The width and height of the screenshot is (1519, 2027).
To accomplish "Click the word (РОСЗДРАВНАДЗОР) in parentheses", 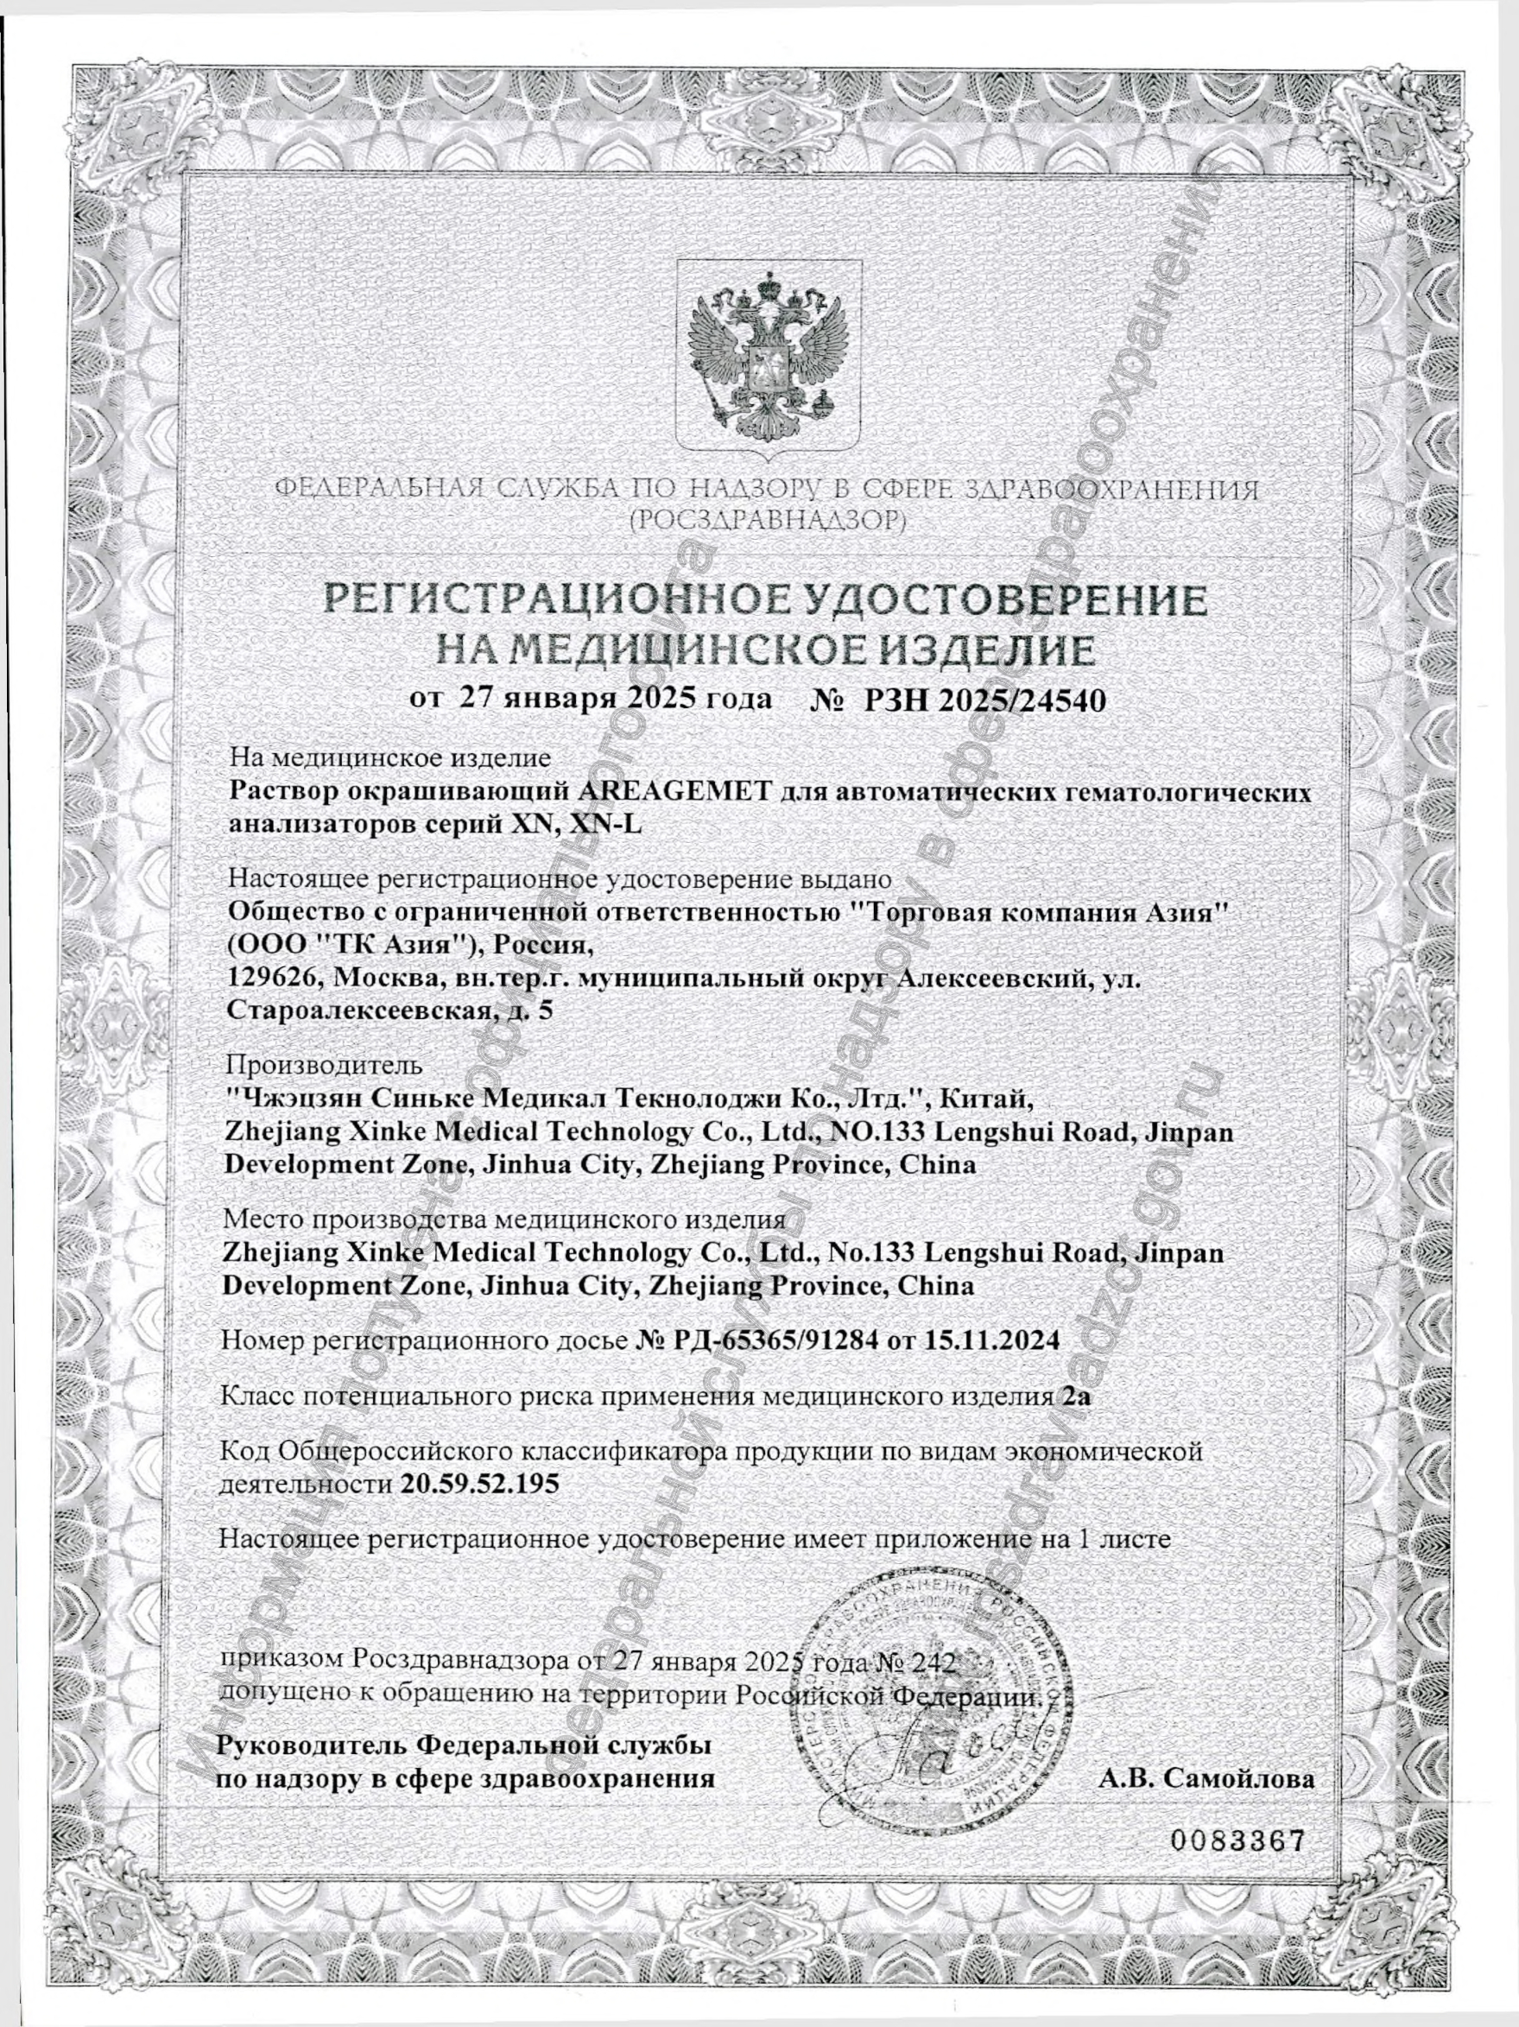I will point(768,522).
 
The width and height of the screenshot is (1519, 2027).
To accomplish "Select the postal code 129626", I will point(269,979).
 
